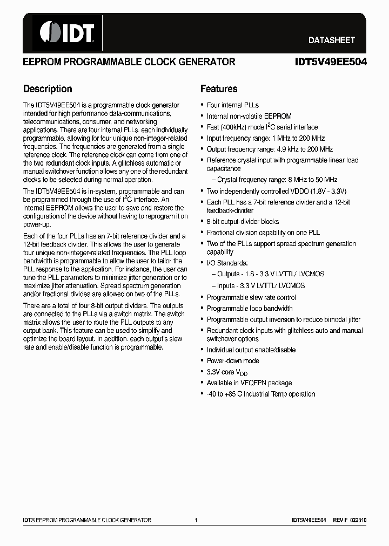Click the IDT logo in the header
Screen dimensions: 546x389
pos(64,32)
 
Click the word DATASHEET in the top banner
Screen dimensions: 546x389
pos(331,40)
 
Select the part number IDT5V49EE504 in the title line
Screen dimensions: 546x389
pos(331,62)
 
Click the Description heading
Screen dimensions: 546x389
pos(48,89)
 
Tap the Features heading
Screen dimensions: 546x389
pos(219,89)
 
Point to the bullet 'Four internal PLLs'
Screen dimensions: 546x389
pos(232,105)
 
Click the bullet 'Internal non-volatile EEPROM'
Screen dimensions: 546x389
pos(249,116)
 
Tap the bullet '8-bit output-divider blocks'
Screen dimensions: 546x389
pos(243,221)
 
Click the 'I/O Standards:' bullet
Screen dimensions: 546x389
pos(227,263)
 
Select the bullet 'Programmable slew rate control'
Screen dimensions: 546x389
pos(251,297)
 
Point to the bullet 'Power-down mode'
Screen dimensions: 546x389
pos(233,360)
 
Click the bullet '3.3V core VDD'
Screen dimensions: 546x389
pos(227,372)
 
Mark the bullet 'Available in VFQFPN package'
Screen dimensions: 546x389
pos(249,383)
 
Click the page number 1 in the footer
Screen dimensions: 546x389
pos(196,520)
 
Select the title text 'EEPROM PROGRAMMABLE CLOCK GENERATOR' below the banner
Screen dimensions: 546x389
pos(129,62)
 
